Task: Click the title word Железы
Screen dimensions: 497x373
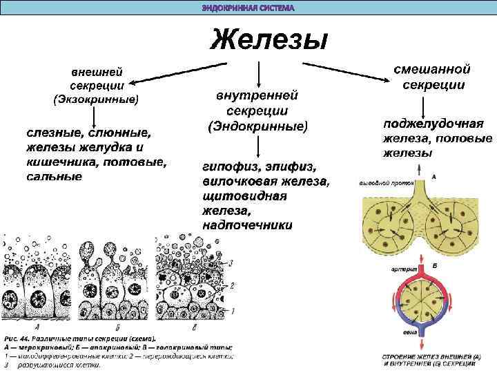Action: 268,40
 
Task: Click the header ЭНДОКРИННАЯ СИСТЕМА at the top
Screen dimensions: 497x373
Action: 248,8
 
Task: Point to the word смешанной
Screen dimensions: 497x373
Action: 431,70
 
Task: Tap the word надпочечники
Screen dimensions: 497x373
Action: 248,225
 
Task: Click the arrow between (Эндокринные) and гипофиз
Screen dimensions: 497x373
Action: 257,147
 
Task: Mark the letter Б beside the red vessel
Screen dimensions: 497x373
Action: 434,265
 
